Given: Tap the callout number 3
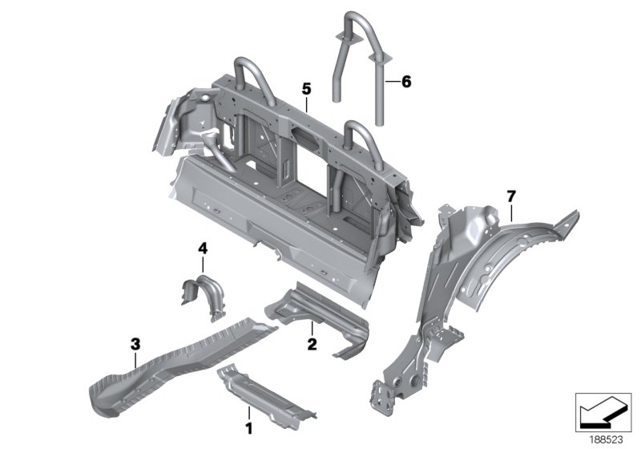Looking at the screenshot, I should point(135,345).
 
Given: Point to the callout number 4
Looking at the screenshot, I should point(203,250).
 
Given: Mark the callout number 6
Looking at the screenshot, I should point(405,82).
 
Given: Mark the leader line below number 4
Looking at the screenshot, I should point(203,265).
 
